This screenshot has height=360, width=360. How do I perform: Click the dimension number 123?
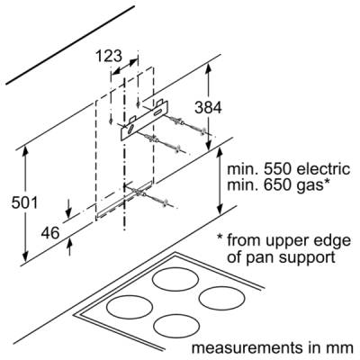click(109, 56)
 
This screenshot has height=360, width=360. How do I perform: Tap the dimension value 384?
click(208, 108)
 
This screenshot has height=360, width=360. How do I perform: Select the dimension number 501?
click(24, 202)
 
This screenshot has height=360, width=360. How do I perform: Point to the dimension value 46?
click(50, 233)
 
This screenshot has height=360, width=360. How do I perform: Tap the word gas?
click(310, 186)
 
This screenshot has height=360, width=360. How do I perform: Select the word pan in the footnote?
click(257, 258)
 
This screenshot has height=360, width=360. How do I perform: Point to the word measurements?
click(247, 348)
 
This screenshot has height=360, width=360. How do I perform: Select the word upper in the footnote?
click(277, 241)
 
